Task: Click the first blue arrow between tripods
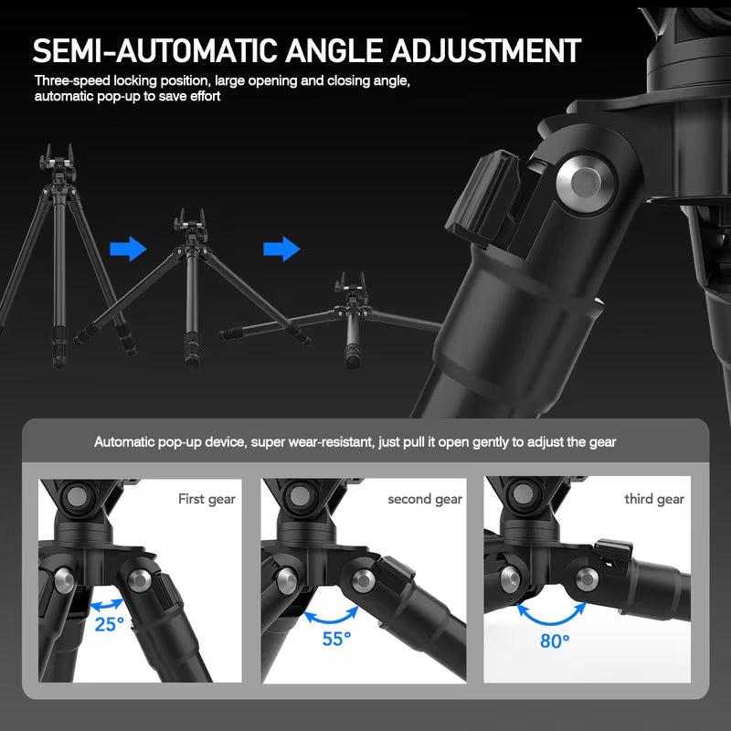click(127, 249)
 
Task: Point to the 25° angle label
click(109, 625)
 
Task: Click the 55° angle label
click(336, 638)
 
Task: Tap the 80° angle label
click(554, 641)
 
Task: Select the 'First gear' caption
click(207, 499)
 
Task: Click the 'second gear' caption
click(425, 499)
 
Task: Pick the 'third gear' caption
click(653, 499)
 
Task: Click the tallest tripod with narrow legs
click(61, 238)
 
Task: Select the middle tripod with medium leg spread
click(193, 283)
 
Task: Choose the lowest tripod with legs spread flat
click(352, 315)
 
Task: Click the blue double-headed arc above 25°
click(109, 604)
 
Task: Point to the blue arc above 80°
click(553, 612)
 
